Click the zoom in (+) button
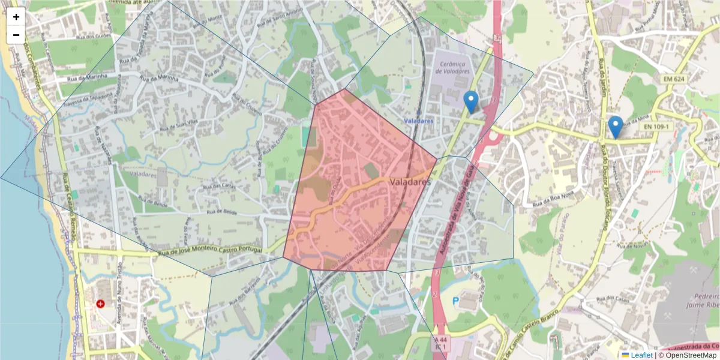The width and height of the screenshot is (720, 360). (x=16, y=17)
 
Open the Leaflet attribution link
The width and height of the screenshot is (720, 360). (x=641, y=355)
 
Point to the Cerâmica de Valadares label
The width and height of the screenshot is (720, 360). (x=453, y=67)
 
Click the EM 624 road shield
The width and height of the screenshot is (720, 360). (x=676, y=79)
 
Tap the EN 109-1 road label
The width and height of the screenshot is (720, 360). (x=656, y=127)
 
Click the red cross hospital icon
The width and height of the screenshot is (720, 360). (x=100, y=304)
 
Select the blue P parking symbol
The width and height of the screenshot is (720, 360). (x=455, y=300)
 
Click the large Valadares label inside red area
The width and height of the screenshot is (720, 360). (x=410, y=181)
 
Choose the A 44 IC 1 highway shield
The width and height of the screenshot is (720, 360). (x=441, y=343)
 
